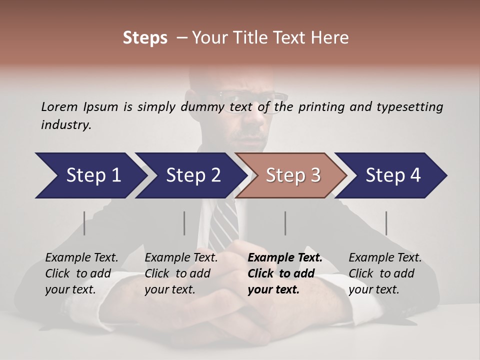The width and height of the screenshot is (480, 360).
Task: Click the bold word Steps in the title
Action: (x=145, y=38)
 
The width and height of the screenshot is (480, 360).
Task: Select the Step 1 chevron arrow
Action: (x=90, y=175)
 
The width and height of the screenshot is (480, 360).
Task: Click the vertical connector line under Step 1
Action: (x=84, y=223)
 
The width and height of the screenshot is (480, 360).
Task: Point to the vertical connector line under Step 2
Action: (x=184, y=223)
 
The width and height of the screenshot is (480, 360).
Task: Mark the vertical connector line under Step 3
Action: (x=285, y=223)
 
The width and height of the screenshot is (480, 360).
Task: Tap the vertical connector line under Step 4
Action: (x=386, y=223)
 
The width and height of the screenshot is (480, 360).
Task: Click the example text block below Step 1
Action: (x=81, y=273)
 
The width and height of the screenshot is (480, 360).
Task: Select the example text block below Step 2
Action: (x=181, y=273)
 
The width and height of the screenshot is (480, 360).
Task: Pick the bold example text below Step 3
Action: (x=285, y=273)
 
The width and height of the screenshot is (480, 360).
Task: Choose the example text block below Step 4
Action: (x=385, y=273)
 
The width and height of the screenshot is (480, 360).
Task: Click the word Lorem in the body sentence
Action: (x=59, y=106)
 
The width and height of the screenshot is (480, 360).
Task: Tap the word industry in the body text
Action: (x=66, y=125)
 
